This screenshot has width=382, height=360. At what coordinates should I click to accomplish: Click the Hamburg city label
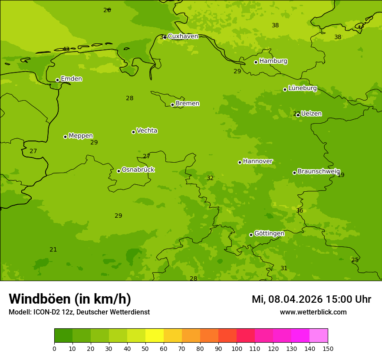tap(273, 61)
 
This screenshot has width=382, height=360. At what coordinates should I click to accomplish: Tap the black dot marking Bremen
tap(172, 105)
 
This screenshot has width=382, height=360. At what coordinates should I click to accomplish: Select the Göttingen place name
tap(269, 234)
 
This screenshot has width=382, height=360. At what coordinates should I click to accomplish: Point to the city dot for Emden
tap(57, 80)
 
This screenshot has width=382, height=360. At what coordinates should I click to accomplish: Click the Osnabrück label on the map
tap(138, 170)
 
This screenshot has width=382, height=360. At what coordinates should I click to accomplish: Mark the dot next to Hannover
tap(240, 162)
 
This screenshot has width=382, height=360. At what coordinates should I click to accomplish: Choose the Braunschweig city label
tap(319, 171)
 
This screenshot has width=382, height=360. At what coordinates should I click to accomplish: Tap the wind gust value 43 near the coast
tap(66, 49)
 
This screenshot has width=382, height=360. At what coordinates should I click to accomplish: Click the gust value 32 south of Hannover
tap(210, 178)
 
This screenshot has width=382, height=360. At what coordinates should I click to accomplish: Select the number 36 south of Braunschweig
tap(300, 211)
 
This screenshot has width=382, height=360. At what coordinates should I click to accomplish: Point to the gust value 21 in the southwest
tap(53, 250)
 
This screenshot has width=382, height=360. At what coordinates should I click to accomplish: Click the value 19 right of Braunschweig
tap(341, 175)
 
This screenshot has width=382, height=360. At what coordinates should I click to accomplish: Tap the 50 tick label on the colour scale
tap(145, 348)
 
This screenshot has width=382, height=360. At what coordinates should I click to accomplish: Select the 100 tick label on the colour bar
tap(237, 348)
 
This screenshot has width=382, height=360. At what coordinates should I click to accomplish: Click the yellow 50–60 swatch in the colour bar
tap(155, 336)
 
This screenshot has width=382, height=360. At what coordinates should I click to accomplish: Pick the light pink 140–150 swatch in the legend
tap(319, 336)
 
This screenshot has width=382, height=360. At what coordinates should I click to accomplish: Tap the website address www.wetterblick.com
tap(313, 312)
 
